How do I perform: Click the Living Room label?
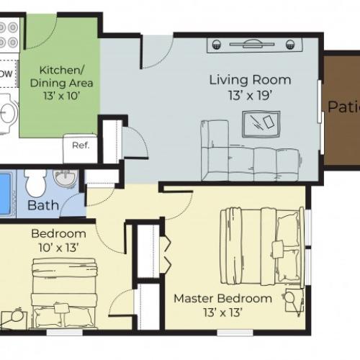tap(250, 79)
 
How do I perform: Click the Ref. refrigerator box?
tap(79, 144)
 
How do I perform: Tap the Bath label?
tap(42, 206)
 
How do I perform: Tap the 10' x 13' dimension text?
tap(58, 248)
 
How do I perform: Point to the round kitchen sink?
tap(7, 112)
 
